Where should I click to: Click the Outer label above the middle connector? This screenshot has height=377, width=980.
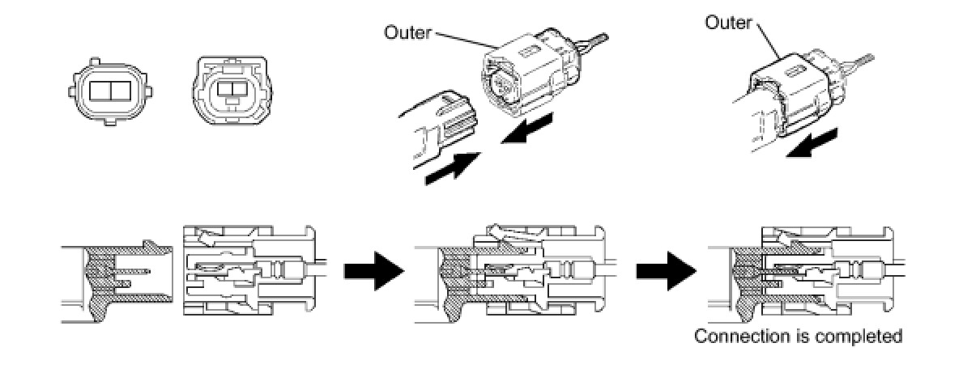[408, 34]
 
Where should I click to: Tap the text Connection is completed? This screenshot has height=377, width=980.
[798, 336]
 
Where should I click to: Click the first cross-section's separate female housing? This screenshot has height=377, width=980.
[243, 271]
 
